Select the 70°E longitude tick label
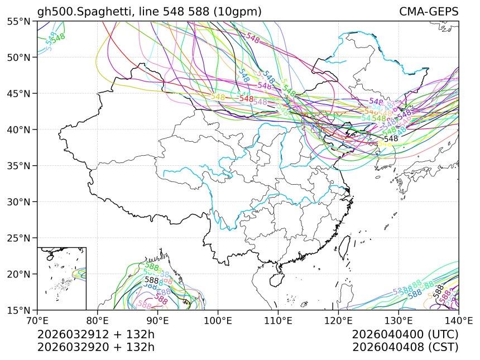(x=37, y=320)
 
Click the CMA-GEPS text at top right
(x=429, y=12)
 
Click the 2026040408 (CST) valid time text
(x=405, y=347)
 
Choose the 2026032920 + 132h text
(x=95, y=347)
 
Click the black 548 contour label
(x=391, y=138)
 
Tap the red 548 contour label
(x=246, y=99)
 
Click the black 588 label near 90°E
(x=151, y=280)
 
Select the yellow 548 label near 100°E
(x=218, y=97)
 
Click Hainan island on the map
(x=265, y=277)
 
